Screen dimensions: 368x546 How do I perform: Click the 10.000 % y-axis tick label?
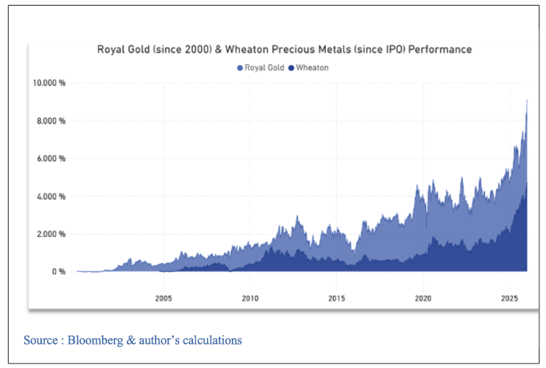point(48,83)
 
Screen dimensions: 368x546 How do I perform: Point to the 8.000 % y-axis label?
point(51,120)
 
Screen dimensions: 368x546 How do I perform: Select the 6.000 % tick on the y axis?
point(51,158)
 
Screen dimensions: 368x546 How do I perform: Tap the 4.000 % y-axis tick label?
point(51,196)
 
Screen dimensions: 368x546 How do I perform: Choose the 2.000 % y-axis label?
point(51,234)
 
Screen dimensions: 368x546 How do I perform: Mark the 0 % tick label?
point(59,272)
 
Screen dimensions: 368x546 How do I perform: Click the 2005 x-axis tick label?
point(163,298)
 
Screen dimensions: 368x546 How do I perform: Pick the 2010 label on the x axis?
point(250,298)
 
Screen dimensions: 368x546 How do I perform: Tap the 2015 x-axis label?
point(336,298)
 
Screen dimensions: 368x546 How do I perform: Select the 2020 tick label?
point(423,298)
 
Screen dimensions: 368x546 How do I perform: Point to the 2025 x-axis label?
point(509,298)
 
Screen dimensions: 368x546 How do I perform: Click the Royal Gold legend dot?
point(239,67)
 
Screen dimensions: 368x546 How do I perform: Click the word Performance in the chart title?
point(440,50)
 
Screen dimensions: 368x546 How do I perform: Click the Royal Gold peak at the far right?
point(527,101)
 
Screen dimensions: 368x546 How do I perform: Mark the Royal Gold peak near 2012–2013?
point(296,217)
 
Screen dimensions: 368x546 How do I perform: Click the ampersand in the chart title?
point(241,50)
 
